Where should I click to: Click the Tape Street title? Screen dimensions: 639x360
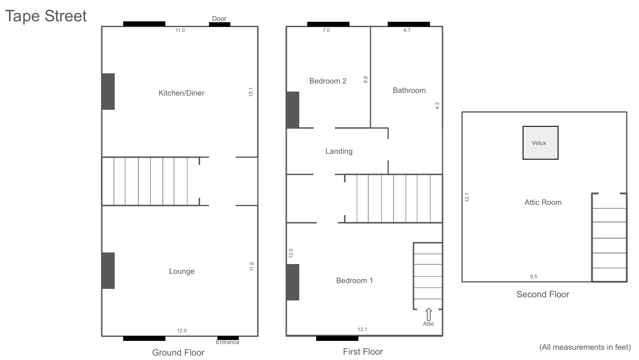coord(46,16)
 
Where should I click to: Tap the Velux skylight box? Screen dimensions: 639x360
coord(540,143)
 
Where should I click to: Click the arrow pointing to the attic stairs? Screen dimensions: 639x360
coord(429,314)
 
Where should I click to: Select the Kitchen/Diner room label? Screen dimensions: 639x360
coord(181,93)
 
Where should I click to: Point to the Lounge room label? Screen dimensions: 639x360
coord(182,271)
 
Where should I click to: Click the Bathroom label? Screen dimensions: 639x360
coord(409,90)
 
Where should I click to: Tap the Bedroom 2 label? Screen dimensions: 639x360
coord(328,81)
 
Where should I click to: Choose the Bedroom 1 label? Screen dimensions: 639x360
coord(354,280)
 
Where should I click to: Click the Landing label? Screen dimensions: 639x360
coord(339,152)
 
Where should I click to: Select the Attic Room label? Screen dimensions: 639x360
coord(543,202)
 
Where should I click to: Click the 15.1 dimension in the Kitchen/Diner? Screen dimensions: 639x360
coord(251,92)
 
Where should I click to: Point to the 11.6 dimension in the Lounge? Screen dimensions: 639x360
coord(251,267)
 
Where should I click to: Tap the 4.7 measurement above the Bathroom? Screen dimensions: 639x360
coord(407,30)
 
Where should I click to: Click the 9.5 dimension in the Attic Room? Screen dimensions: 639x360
coord(534,276)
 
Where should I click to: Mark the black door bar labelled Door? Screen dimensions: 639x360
coord(220,24)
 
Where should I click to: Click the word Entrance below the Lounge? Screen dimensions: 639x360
coord(228,342)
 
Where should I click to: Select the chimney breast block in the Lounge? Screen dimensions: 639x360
coord(108,271)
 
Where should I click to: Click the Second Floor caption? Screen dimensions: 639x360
coord(543,294)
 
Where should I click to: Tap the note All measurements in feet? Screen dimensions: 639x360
coord(585,347)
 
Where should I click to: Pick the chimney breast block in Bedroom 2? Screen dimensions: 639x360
coord(293,110)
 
